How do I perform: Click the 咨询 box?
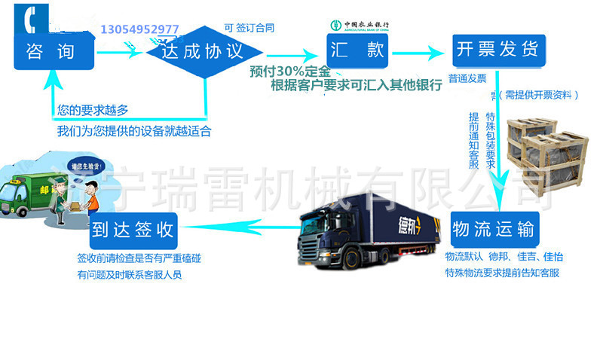click(x=54, y=52)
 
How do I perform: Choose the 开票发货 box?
click(x=497, y=51)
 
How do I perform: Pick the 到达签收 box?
click(x=133, y=230)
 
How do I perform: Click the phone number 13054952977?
click(x=140, y=29)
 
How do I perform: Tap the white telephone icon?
click(x=30, y=19)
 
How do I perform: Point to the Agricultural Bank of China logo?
click(x=361, y=25)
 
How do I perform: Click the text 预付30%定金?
click(x=290, y=72)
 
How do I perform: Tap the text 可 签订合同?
click(x=249, y=28)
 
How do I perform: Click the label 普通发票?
click(x=467, y=78)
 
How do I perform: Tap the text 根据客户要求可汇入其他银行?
click(x=357, y=85)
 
